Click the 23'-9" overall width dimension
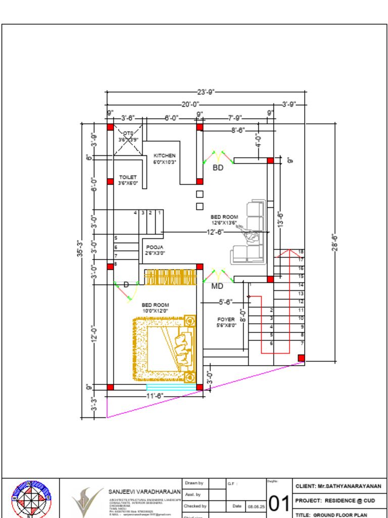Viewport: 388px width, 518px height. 206,92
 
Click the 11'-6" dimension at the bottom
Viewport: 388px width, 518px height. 155,396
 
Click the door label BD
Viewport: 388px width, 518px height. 218,167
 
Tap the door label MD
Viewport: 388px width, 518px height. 217,286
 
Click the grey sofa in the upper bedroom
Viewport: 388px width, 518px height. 250,233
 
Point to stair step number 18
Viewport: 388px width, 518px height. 301,251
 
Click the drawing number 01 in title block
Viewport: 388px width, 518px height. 278,503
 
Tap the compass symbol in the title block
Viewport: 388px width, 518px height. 31,499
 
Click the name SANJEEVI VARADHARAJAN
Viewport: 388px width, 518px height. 144,492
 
